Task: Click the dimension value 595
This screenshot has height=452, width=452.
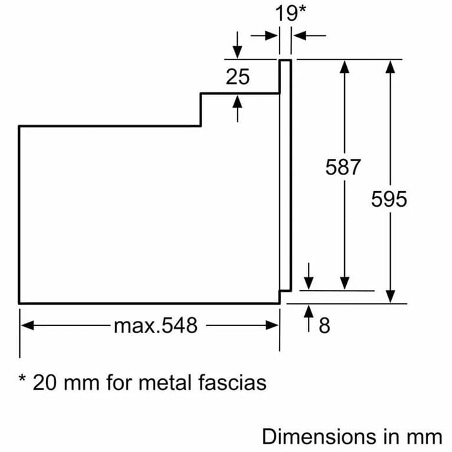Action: (x=389, y=200)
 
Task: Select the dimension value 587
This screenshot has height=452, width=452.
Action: (x=343, y=167)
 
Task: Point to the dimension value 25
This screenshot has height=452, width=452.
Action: (x=238, y=77)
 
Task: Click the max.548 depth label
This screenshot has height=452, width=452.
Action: (x=156, y=325)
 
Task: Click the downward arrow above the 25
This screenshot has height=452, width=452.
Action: (x=238, y=52)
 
